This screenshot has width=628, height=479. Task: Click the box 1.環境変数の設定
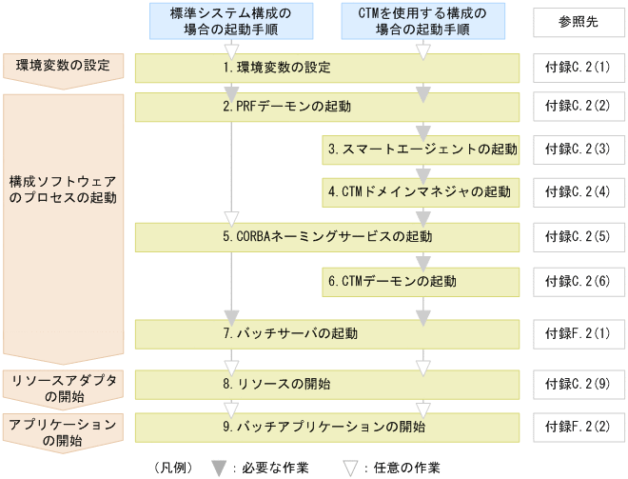pos(327,68)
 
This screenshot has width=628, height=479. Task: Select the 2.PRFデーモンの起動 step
pos(327,107)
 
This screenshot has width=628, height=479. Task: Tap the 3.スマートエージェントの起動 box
pos(422,150)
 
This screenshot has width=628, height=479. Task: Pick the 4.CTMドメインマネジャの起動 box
pos(422,191)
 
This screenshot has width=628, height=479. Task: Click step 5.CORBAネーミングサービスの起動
pos(327,236)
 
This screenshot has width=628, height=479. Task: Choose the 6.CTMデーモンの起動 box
pos(422,281)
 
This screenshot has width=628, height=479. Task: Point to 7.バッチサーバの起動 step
pos(327,333)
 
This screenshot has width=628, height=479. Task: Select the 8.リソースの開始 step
pos(327,385)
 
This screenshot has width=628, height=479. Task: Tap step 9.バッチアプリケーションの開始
pos(327,426)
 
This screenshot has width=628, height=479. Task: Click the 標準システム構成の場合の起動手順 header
pos(230,21)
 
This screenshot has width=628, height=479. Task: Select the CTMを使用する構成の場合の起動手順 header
pos(422,21)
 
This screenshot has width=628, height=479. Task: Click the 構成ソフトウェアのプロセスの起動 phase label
pos(64,189)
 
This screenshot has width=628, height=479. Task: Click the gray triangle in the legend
pos(218,467)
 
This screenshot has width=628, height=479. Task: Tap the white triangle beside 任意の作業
pos(350,467)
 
